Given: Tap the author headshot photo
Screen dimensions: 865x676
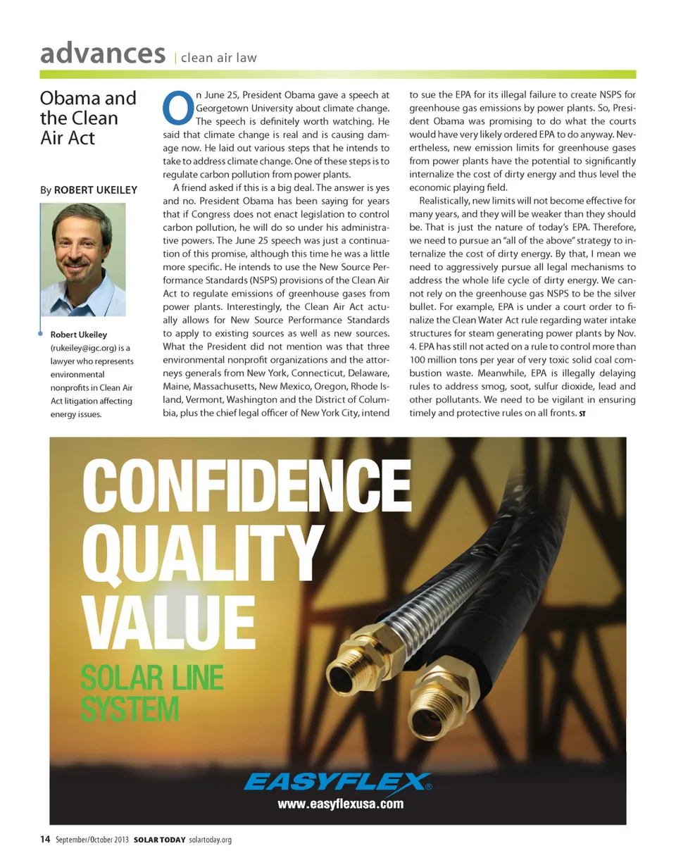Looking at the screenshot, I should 83,260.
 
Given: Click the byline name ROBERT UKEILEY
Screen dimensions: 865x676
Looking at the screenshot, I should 96,189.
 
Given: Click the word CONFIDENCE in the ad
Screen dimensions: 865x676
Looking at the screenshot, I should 247,486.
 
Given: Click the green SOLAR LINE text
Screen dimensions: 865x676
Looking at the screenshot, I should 152,679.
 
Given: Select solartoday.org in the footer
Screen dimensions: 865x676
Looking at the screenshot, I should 211,840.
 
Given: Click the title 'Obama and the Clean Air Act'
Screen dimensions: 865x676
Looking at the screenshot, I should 87,116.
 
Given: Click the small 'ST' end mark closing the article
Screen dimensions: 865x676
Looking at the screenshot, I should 582,413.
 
